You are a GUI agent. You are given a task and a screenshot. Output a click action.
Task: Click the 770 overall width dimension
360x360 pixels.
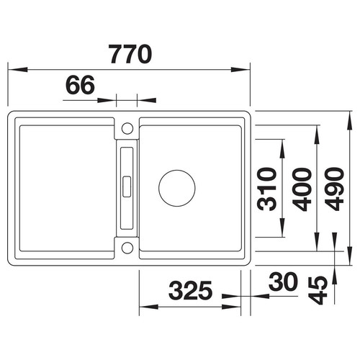(130, 54)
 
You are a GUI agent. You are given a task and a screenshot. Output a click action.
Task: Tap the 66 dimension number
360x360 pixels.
(80, 85)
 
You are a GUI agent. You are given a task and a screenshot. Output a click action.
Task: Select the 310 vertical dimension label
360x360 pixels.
(266, 189)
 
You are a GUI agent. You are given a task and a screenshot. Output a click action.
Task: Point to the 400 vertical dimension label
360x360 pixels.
(302, 189)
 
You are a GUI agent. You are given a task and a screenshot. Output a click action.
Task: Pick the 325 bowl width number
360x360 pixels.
(190, 290)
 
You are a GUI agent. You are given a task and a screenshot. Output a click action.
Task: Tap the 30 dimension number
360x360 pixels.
(283, 282)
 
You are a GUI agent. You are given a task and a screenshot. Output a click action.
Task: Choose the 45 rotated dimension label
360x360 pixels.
(318, 290)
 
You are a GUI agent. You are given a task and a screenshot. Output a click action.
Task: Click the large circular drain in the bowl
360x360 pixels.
(177, 188)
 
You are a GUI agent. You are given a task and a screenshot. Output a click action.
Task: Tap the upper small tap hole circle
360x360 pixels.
(127, 128)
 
